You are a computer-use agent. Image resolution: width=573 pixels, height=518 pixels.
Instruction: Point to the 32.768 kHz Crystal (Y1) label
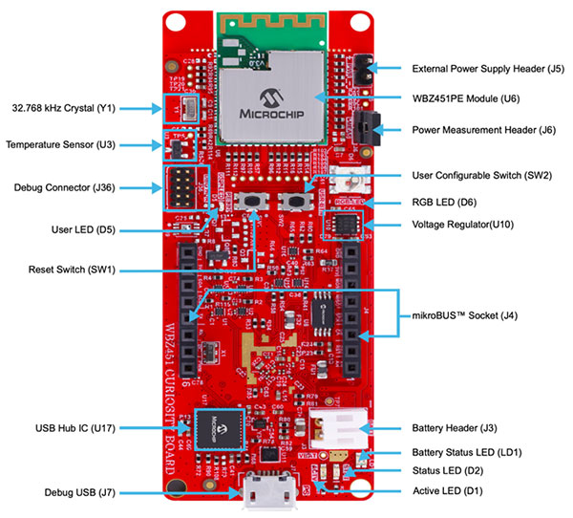click(x=65, y=107)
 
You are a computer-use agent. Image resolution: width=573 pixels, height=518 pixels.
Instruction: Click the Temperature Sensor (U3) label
click(x=60, y=145)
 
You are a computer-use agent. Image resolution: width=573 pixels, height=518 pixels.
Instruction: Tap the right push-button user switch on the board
click(x=297, y=201)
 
